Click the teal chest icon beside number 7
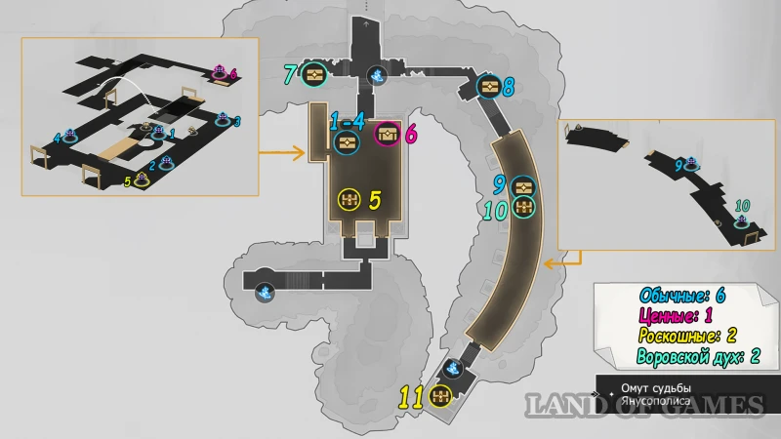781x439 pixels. pyautogui.click(x=314, y=74)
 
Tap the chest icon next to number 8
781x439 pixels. pyautogui.click(x=489, y=88)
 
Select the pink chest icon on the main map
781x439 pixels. pyautogui.click(x=388, y=135)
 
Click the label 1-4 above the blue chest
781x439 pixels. pyautogui.click(x=347, y=122)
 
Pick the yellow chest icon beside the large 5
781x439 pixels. pyautogui.click(x=349, y=200)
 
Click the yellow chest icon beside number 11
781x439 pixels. pyautogui.click(x=438, y=395)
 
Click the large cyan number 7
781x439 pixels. pyautogui.click(x=290, y=74)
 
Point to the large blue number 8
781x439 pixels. pyautogui.click(x=509, y=87)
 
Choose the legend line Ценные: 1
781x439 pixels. pyautogui.click(x=679, y=316)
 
